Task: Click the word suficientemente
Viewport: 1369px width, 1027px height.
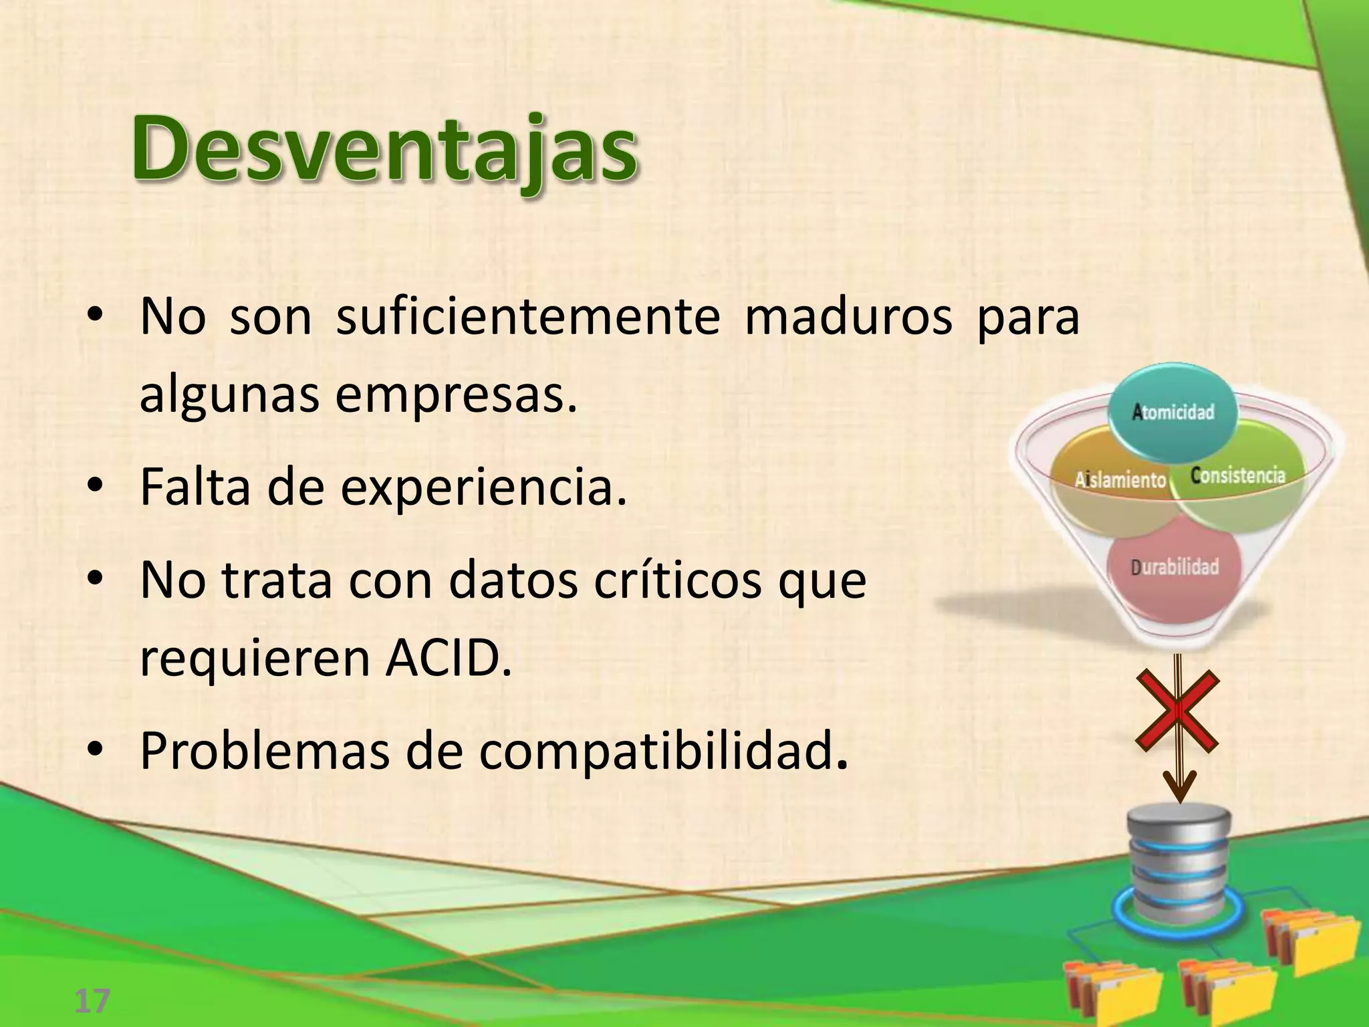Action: pyautogui.click(x=527, y=316)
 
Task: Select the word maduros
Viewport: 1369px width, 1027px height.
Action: pyautogui.click(x=848, y=316)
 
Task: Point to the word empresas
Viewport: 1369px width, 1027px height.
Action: pyautogui.click(x=455, y=394)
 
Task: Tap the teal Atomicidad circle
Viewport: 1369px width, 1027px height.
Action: pyautogui.click(x=1173, y=412)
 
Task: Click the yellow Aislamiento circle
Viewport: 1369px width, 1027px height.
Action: pyautogui.click(x=1110, y=488)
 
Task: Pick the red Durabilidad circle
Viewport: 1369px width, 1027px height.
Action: pyautogui.click(x=1174, y=568)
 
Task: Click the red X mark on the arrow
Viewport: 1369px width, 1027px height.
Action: pyautogui.click(x=1178, y=711)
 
